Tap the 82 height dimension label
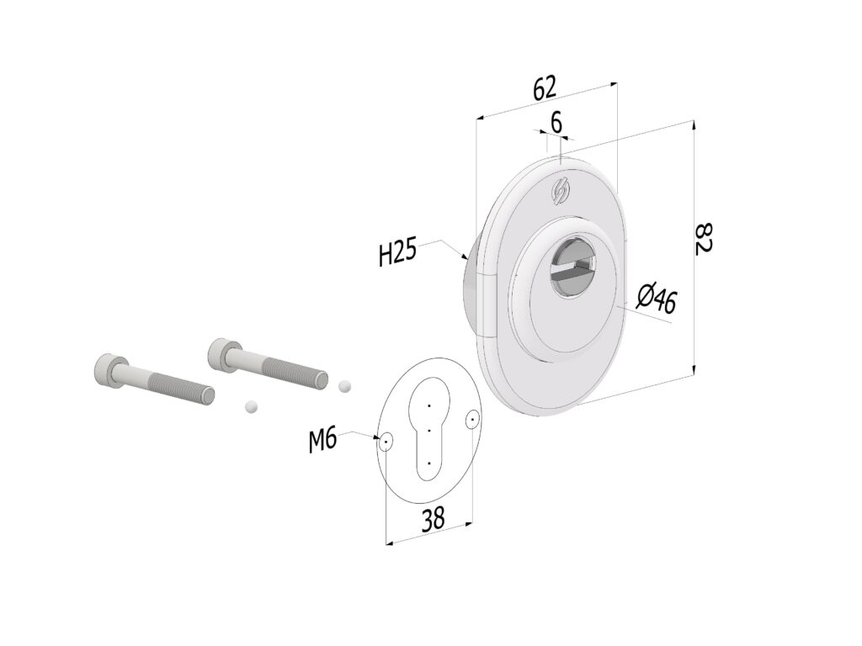click(x=703, y=238)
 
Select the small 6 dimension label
click(x=556, y=122)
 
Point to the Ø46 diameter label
click(x=657, y=299)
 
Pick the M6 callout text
click(x=322, y=441)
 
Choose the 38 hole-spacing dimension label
click(x=434, y=518)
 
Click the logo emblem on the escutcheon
click(x=561, y=193)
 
